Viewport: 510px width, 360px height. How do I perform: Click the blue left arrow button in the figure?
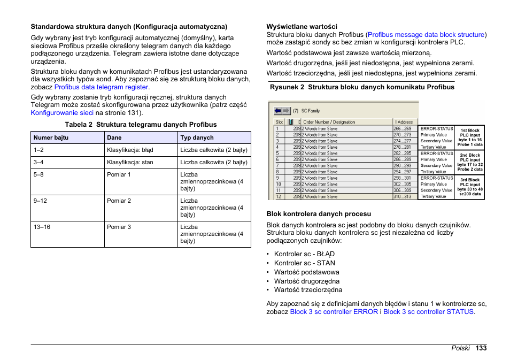[x=278, y=111]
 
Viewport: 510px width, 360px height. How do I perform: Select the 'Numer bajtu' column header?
[x=51, y=137]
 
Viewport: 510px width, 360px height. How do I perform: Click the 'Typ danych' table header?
[x=197, y=137]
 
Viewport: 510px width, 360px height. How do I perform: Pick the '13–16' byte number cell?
[x=42, y=227]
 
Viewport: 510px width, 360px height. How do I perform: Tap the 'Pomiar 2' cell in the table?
[x=119, y=201]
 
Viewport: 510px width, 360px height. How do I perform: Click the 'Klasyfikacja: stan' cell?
[x=130, y=162]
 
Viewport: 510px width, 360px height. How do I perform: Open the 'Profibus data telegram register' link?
[x=101, y=87]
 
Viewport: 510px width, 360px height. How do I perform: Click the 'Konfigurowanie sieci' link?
[x=62, y=113]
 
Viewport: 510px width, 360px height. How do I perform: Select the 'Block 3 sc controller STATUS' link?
[x=428, y=311]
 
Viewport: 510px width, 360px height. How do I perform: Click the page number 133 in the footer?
[x=481, y=348]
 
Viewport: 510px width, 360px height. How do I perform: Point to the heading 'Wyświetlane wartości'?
[x=302, y=26]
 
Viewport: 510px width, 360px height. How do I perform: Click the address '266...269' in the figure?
[x=402, y=128]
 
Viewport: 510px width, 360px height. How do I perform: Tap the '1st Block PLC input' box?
[x=470, y=137]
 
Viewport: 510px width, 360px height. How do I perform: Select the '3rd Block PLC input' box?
[x=470, y=187]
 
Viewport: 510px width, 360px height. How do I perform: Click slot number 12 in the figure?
[x=279, y=196]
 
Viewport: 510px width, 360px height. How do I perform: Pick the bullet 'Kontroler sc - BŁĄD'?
[x=304, y=254]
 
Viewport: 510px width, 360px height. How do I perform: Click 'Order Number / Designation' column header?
[x=329, y=122]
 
